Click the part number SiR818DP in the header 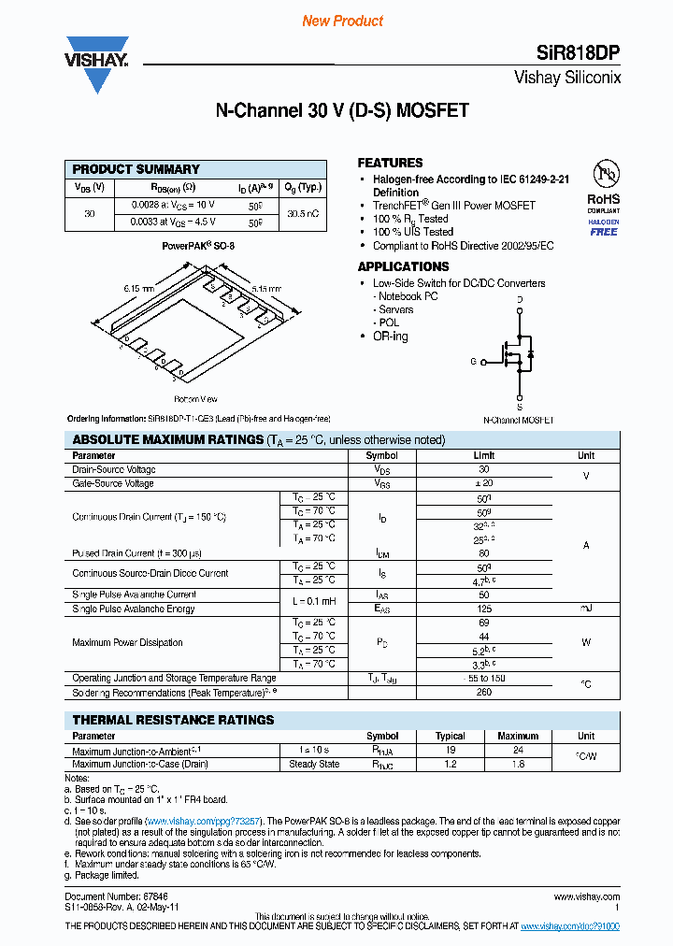pyautogui.click(x=582, y=52)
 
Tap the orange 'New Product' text pyautogui.click(x=342, y=21)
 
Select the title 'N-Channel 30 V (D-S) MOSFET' pyautogui.click(x=342, y=110)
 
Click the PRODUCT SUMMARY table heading pyautogui.click(x=136, y=169)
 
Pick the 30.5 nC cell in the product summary pyautogui.click(x=303, y=213)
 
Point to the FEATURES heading pyautogui.click(x=390, y=163)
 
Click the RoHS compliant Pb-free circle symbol pyautogui.click(x=603, y=175)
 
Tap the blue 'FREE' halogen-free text pyautogui.click(x=603, y=232)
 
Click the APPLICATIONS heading pyautogui.click(x=403, y=266)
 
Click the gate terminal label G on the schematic pyautogui.click(x=473, y=361)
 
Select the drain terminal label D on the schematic pyautogui.click(x=520, y=300)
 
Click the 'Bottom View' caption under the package pyautogui.click(x=195, y=399)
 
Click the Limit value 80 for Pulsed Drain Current pyautogui.click(x=484, y=553)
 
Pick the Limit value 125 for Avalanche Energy pyautogui.click(x=484, y=609)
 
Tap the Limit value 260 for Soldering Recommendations pyautogui.click(x=484, y=693)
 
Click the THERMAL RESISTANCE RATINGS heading pyautogui.click(x=173, y=720)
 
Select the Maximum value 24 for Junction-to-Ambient pyautogui.click(x=518, y=750)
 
